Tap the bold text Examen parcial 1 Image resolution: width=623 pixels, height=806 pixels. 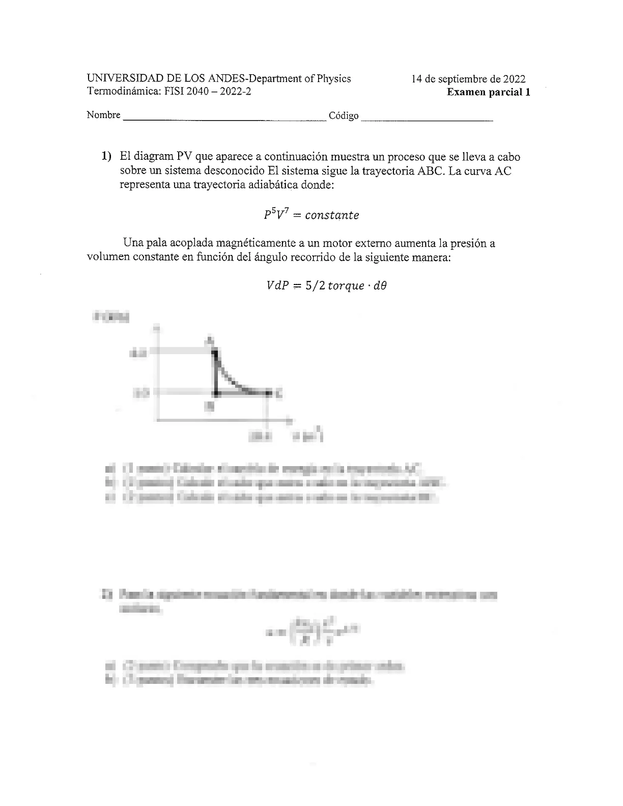click(488, 92)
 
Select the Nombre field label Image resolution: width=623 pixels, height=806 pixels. click(103, 115)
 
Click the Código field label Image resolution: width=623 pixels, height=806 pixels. click(344, 116)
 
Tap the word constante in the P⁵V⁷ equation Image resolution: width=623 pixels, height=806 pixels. click(332, 215)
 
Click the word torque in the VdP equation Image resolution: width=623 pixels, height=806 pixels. click(346, 286)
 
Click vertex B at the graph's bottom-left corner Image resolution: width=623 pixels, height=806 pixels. click(216, 393)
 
